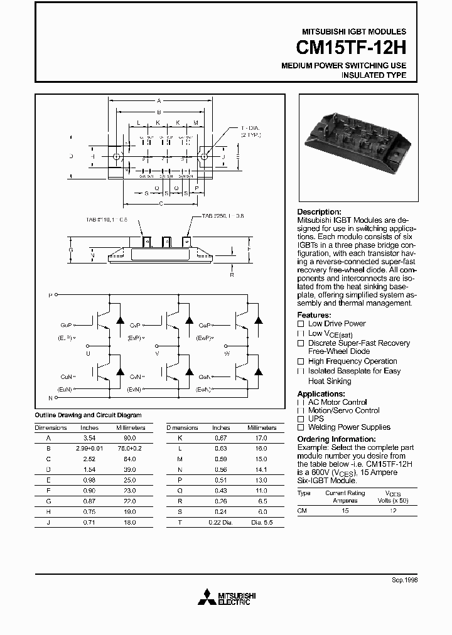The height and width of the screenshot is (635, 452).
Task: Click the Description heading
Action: click(319, 212)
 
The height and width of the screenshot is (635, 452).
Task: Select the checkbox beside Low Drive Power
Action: click(301, 324)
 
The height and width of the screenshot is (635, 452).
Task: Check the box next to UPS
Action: click(301, 419)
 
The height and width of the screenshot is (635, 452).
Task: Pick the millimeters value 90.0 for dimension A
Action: click(129, 438)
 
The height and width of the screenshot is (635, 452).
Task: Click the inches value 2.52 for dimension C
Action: click(89, 459)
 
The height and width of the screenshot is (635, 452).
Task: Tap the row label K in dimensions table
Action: click(180, 438)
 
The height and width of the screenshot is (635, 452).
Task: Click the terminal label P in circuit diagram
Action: click(51, 294)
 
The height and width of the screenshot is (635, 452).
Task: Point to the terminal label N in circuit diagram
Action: click(51, 398)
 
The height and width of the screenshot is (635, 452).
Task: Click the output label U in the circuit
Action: click(88, 353)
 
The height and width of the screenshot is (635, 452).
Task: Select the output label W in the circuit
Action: click(227, 353)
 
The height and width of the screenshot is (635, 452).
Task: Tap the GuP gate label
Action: click(66, 326)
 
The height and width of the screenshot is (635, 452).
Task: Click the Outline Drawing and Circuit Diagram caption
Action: click(88, 415)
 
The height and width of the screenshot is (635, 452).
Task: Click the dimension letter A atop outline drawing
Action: click(159, 100)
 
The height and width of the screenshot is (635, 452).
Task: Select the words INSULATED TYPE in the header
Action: click(374, 75)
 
